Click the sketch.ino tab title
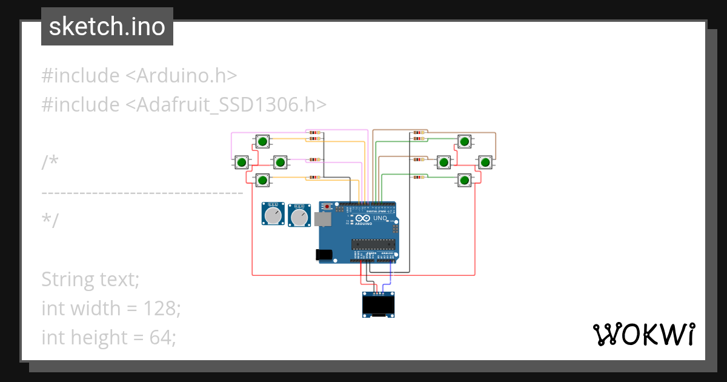point(107,27)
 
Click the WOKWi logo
point(643,334)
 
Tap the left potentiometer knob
point(273,215)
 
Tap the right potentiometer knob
point(299,216)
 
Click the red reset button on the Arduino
point(328,207)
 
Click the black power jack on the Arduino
point(325,255)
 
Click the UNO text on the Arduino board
point(380,218)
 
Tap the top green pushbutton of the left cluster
point(262,142)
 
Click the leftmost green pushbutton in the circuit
point(242,162)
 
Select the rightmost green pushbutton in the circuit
point(485,162)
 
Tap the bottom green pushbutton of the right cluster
point(464,180)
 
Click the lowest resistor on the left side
point(314,178)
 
